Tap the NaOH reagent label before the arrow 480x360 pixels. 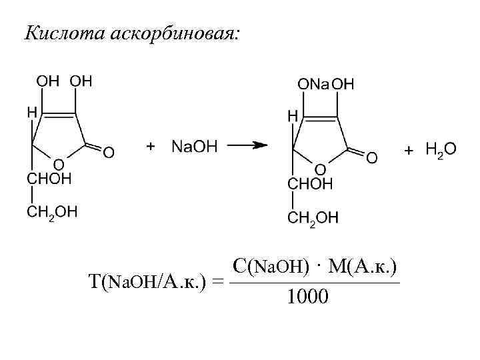(194, 146)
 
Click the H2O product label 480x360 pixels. (441, 151)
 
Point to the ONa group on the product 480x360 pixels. (313, 84)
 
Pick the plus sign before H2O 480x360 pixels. (409, 151)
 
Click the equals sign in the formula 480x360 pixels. (216, 283)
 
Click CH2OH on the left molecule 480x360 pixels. (52, 212)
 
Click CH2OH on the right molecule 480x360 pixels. (313, 217)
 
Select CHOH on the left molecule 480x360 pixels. (49, 179)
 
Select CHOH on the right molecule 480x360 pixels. (309, 184)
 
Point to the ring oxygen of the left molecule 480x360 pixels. (59, 163)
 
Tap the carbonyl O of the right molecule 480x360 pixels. (372, 157)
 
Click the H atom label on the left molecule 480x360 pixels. (32, 113)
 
